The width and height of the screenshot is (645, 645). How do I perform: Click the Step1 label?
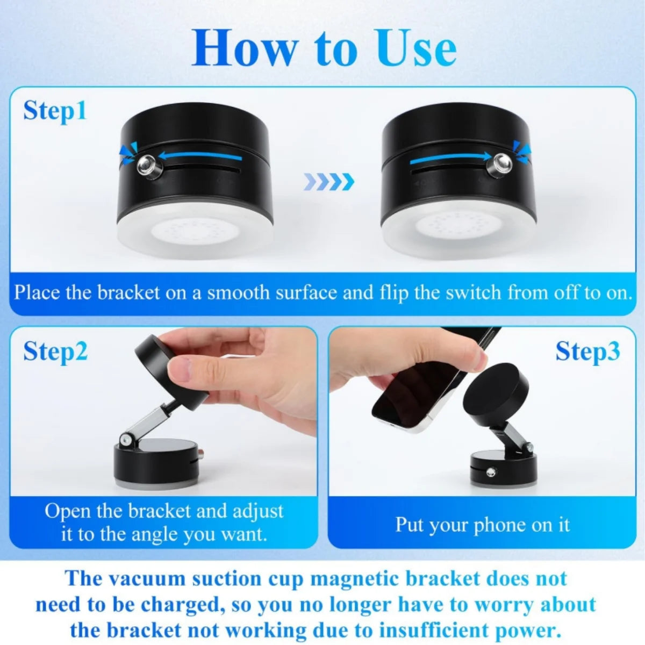[55, 111]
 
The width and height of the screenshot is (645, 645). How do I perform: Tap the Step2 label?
[55, 351]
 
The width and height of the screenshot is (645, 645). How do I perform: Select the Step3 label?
[587, 351]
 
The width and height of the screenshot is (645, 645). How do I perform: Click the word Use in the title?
[417, 48]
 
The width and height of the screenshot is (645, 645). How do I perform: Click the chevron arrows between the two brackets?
[328, 182]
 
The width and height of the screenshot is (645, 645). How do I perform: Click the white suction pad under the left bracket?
[195, 232]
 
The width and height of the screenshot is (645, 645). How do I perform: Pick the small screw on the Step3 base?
[491, 472]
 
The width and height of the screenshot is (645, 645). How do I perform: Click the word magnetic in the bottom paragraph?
[355, 579]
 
